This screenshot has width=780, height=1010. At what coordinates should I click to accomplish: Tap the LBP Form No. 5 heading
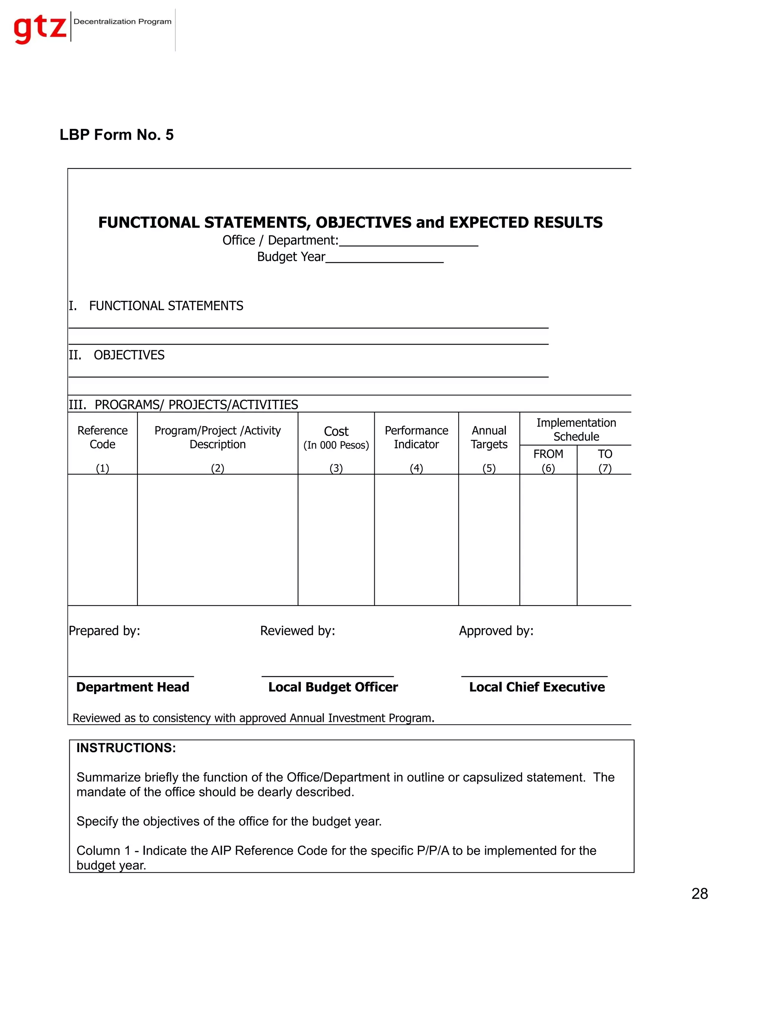[x=117, y=135]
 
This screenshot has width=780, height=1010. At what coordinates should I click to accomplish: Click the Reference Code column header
[x=102, y=437]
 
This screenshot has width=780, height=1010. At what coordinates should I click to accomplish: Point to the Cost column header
[x=336, y=437]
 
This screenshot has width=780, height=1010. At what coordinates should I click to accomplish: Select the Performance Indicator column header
[x=416, y=437]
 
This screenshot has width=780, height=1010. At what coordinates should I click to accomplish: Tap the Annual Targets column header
[x=489, y=437]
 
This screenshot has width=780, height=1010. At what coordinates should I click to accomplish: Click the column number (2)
[x=217, y=468]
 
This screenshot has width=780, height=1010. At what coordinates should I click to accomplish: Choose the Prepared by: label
[x=104, y=631]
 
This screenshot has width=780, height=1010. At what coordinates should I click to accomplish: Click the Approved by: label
[x=496, y=631]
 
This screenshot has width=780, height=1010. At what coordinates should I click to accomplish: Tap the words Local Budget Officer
[x=333, y=687]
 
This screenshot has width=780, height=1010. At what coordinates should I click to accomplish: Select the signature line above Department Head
[x=131, y=676]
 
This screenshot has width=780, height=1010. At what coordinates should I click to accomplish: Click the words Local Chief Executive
[x=537, y=687]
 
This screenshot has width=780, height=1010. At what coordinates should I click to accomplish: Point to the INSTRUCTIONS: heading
[x=126, y=748]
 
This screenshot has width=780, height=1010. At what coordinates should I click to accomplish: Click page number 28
[x=699, y=893]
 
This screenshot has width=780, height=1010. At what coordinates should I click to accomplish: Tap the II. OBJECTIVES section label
[x=117, y=355]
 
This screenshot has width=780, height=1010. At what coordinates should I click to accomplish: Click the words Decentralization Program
[x=123, y=21]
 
